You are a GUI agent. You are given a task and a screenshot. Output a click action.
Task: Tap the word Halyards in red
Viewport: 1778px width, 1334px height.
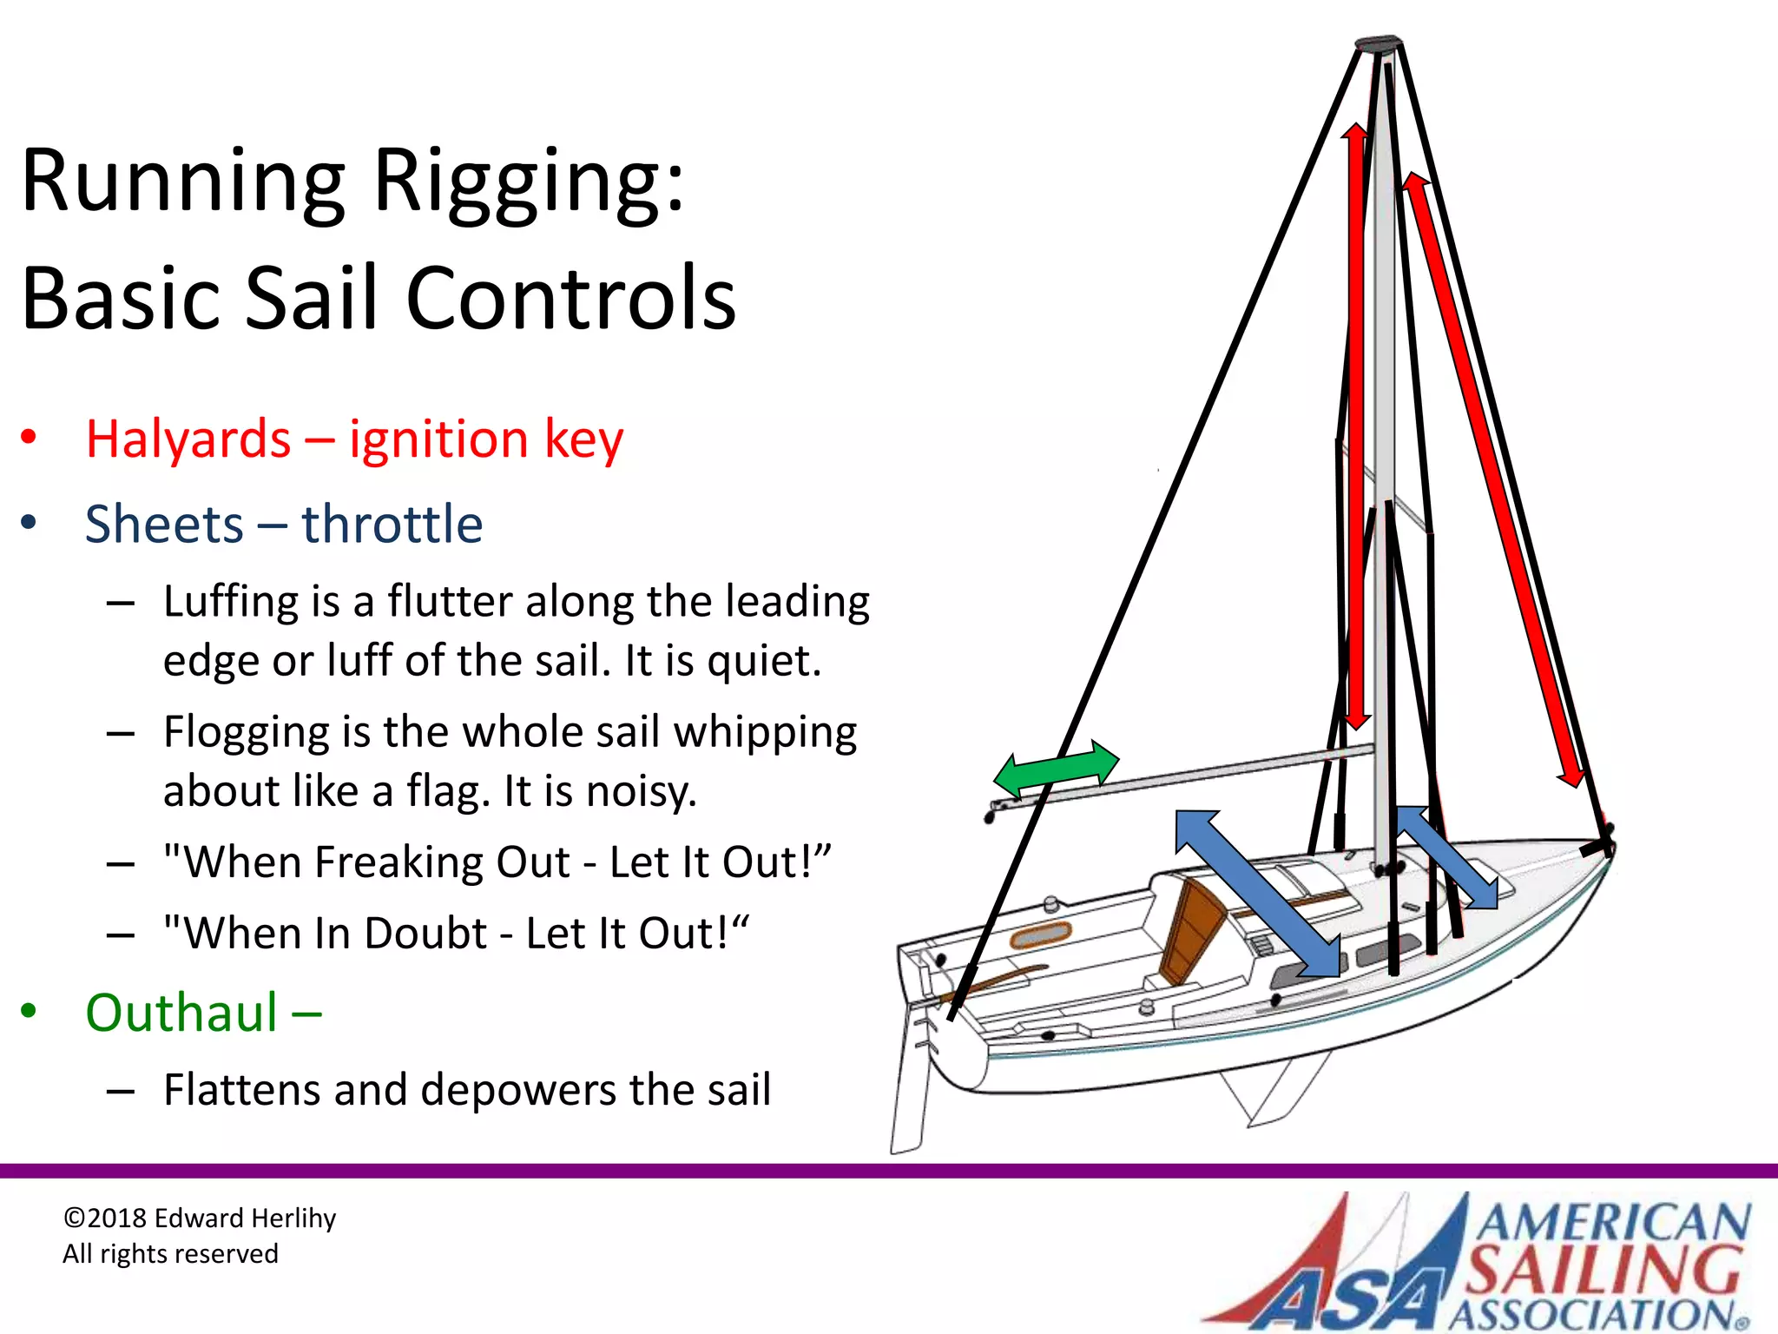click(188, 439)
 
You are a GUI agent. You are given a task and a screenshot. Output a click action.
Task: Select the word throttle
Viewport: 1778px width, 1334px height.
click(392, 525)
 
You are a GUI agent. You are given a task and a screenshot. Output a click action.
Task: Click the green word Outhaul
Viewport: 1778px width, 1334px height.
click(181, 1013)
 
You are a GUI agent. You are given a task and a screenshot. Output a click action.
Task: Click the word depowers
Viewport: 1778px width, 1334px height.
click(517, 1090)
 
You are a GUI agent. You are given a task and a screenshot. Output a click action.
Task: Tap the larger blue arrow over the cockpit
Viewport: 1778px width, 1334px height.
click(1257, 894)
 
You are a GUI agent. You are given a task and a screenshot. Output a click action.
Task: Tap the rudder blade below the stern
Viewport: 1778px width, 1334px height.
click(908, 1094)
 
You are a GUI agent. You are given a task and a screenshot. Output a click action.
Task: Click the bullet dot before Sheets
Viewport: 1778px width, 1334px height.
click(29, 523)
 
